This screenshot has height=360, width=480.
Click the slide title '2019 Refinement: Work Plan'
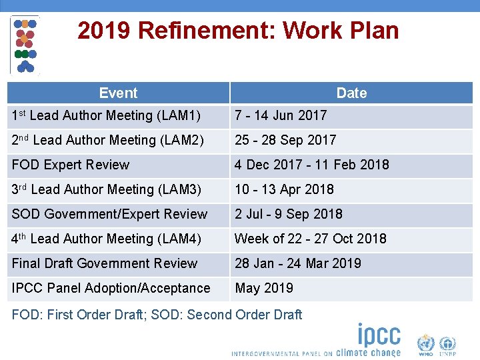(x=238, y=31)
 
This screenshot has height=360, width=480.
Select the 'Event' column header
(x=118, y=93)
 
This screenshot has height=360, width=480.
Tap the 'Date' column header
(x=351, y=93)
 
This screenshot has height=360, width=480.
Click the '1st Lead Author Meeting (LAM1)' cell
(x=106, y=116)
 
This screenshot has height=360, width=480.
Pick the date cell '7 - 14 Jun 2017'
(x=281, y=115)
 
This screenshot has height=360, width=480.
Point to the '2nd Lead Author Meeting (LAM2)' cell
(x=107, y=140)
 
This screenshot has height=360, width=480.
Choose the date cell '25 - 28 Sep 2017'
(x=285, y=140)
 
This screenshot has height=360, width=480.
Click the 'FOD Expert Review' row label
(x=71, y=165)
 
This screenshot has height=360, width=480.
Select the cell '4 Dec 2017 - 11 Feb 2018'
(x=311, y=165)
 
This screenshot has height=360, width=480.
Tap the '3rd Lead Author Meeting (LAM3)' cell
(x=107, y=189)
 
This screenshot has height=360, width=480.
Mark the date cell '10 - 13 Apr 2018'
(x=284, y=189)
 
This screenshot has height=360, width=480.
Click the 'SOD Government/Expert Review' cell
(x=109, y=214)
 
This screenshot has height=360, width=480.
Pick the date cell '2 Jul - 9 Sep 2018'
(x=288, y=214)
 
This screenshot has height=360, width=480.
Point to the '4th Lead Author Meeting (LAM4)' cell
(x=106, y=239)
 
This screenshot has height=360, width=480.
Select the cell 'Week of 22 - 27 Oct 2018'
(x=310, y=239)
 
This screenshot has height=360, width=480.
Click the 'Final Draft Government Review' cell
(x=105, y=263)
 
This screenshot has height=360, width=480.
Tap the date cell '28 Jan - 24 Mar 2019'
(x=297, y=263)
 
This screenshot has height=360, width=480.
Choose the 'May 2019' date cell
(x=264, y=288)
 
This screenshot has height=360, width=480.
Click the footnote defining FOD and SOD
(x=157, y=315)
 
